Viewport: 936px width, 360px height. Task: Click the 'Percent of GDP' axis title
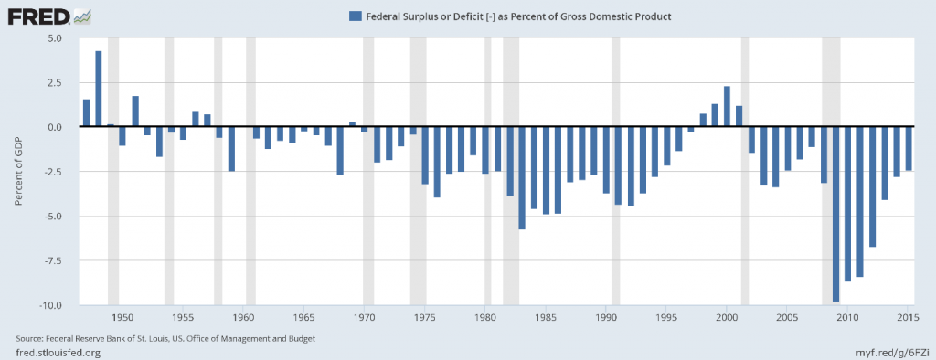(19, 172)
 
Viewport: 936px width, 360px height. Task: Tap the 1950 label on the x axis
(122, 317)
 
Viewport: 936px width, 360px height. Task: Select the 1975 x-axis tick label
(424, 317)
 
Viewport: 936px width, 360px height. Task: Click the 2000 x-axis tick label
(727, 317)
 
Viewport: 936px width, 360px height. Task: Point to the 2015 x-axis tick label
(907, 317)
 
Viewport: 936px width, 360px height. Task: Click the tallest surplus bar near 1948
(98, 89)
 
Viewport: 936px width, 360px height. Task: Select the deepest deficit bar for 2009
(835, 214)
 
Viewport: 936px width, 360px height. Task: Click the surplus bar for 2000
(727, 107)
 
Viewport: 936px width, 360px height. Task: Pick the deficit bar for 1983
(522, 178)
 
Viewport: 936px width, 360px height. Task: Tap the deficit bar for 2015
(908, 148)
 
